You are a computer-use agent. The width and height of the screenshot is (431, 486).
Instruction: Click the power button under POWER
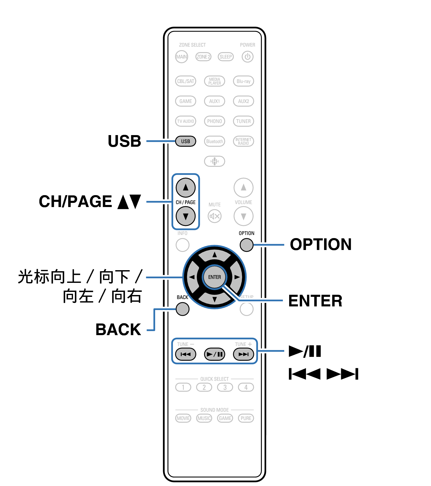click(x=247, y=57)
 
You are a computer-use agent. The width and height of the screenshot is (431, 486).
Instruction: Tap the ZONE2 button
click(x=203, y=57)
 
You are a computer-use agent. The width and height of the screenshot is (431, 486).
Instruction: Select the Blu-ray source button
click(x=243, y=81)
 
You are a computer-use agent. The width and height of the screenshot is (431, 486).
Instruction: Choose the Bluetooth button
click(x=214, y=141)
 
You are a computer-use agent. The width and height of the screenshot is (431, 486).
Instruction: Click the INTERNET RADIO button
click(x=243, y=141)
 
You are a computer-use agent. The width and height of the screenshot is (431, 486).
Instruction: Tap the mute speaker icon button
click(x=214, y=216)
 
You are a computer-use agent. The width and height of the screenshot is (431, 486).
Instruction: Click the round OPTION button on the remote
click(x=246, y=245)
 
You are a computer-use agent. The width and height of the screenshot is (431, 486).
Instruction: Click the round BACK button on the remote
click(x=182, y=309)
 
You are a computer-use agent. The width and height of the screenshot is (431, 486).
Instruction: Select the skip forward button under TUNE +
click(x=243, y=354)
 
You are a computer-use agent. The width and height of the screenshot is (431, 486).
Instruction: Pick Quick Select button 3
click(x=225, y=387)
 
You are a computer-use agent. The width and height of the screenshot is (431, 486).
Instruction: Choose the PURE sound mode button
click(x=246, y=418)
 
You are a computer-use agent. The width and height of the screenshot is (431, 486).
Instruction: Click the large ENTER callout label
click(x=315, y=301)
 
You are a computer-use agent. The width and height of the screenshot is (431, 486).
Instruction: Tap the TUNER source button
click(x=243, y=121)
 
